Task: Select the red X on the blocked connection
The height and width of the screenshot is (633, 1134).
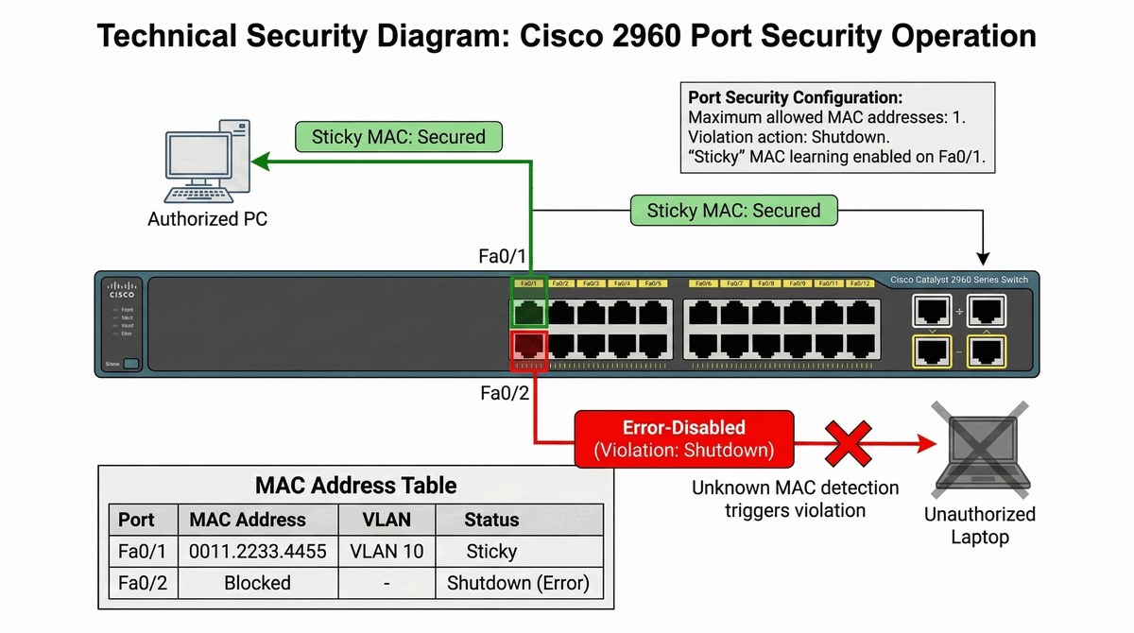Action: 849,441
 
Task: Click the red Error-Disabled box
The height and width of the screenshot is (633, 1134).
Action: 683,439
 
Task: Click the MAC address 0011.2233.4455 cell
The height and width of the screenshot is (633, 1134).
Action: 258,551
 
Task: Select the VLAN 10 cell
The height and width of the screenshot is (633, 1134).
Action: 387,551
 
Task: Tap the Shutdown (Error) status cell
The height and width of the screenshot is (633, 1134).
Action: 518,583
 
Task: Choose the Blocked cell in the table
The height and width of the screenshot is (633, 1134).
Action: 257,583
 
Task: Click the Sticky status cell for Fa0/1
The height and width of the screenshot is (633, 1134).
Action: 491,551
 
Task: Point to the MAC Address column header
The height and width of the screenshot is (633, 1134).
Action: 248,520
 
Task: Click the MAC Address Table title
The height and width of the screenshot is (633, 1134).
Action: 355,486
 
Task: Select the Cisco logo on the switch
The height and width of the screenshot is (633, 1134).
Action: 121,290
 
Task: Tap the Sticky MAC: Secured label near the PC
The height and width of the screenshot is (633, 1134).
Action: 398,137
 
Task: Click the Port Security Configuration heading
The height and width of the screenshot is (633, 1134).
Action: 795,97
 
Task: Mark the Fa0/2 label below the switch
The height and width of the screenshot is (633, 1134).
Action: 505,393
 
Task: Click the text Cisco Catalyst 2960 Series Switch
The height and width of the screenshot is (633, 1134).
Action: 958,281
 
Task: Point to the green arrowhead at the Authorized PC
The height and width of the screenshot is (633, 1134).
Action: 259,163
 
